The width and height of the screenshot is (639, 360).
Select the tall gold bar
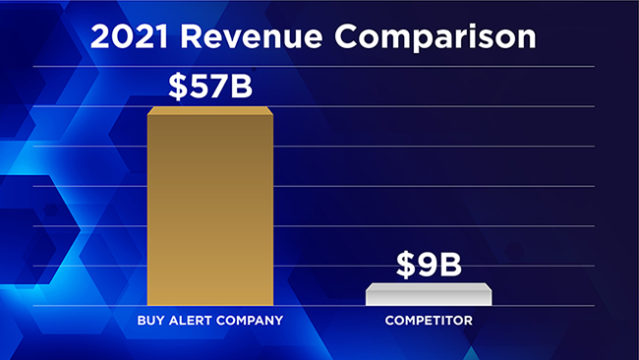[209, 207]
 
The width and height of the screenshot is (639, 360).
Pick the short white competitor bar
[429, 294]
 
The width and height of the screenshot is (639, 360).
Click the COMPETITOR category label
[429, 320]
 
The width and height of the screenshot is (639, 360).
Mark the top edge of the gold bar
[209, 108]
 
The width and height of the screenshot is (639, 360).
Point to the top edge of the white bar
[429, 284]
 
